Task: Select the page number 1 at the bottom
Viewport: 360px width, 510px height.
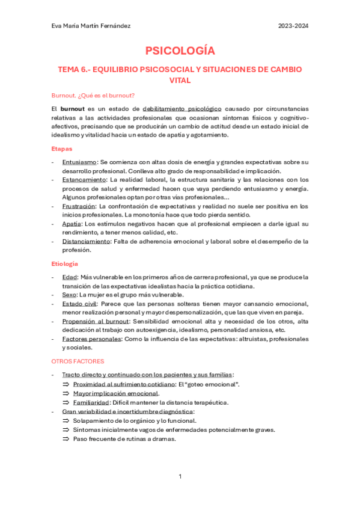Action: point(180,476)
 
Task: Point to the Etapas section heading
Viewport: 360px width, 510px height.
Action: point(63,148)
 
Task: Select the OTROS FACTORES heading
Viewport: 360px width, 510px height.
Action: point(78,361)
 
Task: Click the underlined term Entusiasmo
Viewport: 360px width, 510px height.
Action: point(79,162)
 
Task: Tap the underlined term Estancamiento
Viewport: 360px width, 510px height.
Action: point(84,180)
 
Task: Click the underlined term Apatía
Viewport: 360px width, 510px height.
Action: point(73,224)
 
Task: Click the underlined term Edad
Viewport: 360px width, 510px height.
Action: point(70,277)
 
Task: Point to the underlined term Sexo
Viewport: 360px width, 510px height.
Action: point(70,295)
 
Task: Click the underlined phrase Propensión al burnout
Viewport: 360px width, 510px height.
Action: point(94,321)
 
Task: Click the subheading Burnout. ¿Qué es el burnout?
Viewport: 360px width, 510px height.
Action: point(93,95)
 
